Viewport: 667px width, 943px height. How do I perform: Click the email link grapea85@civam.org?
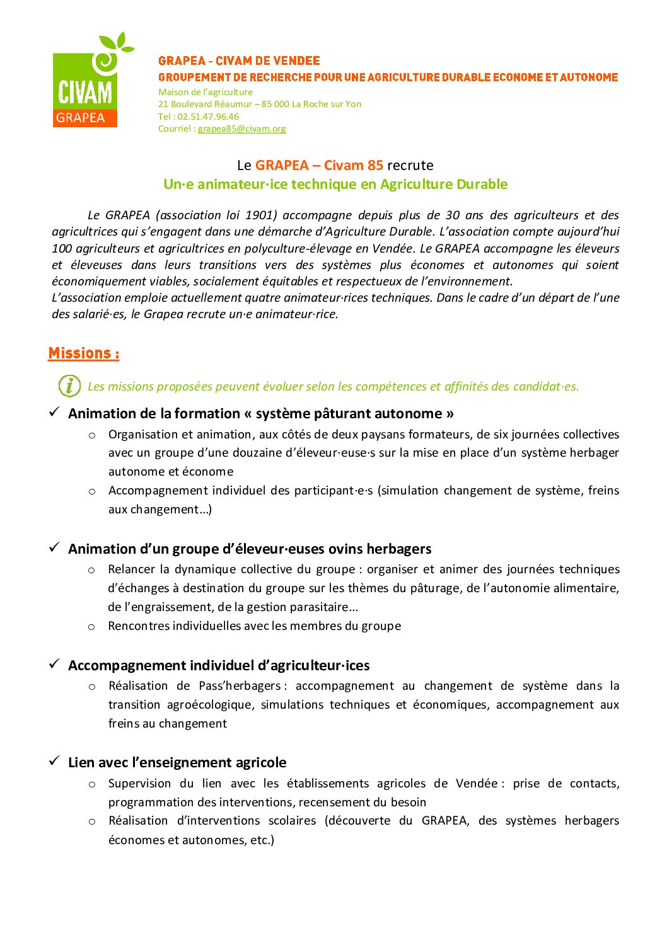click(x=241, y=129)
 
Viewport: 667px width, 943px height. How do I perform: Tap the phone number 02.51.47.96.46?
click(x=208, y=117)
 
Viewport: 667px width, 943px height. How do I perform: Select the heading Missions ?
click(x=84, y=353)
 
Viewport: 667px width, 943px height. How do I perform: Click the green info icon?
click(x=69, y=386)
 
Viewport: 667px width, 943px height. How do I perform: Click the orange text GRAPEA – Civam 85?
click(x=319, y=166)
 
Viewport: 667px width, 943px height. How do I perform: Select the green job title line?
click(x=335, y=184)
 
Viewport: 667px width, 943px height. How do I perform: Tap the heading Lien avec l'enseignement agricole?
click(x=177, y=762)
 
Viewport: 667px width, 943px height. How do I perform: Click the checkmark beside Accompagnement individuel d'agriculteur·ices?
click(x=55, y=664)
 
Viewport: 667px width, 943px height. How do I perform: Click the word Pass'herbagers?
click(x=240, y=685)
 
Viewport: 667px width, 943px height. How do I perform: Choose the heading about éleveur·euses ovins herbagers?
click(x=250, y=549)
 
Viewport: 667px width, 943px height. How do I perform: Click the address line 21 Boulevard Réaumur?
click(x=260, y=104)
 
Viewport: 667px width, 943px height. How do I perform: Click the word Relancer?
click(x=130, y=569)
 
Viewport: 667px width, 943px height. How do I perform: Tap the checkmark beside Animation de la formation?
click(x=55, y=412)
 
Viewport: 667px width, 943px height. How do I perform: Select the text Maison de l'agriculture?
click(x=206, y=92)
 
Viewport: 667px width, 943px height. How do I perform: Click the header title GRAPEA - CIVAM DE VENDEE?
click(x=239, y=61)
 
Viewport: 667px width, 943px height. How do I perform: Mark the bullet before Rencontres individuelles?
click(x=92, y=627)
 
